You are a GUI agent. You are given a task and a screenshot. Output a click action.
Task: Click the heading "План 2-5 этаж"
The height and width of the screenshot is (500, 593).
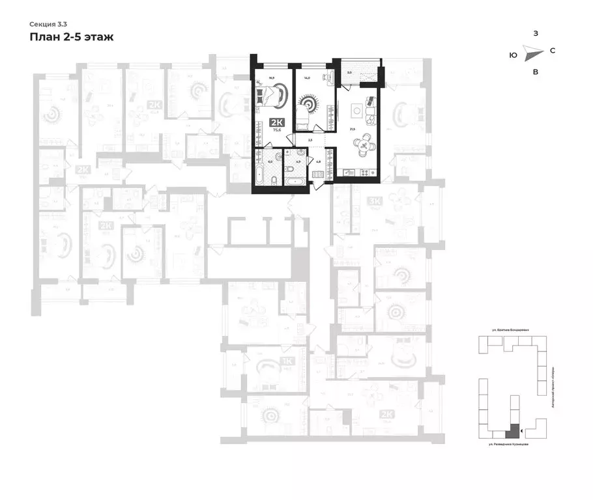(72, 37)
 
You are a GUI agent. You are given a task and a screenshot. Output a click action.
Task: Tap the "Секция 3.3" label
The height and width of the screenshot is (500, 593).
(48, 23)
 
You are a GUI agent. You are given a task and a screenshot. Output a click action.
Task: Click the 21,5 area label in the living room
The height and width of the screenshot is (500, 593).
(352, 130)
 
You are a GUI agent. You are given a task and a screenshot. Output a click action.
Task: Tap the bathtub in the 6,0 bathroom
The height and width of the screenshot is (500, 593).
(260, 174)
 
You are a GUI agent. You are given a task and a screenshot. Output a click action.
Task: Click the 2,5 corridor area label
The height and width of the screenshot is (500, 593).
(310, 140)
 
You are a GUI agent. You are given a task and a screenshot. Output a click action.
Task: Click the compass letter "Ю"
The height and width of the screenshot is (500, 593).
(513, 55)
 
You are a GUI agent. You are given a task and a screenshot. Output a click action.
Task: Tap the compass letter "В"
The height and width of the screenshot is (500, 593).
(535, 72)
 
